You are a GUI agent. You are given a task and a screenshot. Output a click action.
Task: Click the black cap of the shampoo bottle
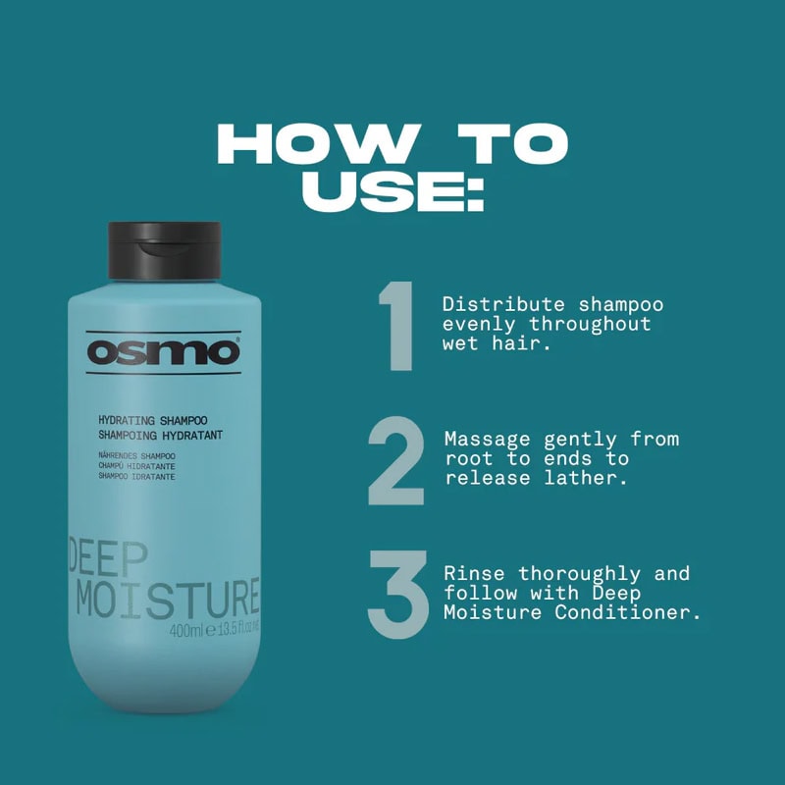164,250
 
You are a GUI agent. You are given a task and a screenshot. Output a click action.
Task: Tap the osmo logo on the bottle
163,351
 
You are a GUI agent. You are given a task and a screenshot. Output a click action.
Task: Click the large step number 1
396,326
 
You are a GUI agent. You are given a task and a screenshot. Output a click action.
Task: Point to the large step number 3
397,596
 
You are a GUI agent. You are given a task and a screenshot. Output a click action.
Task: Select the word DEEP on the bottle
107,557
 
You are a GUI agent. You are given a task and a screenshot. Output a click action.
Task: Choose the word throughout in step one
591,324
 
